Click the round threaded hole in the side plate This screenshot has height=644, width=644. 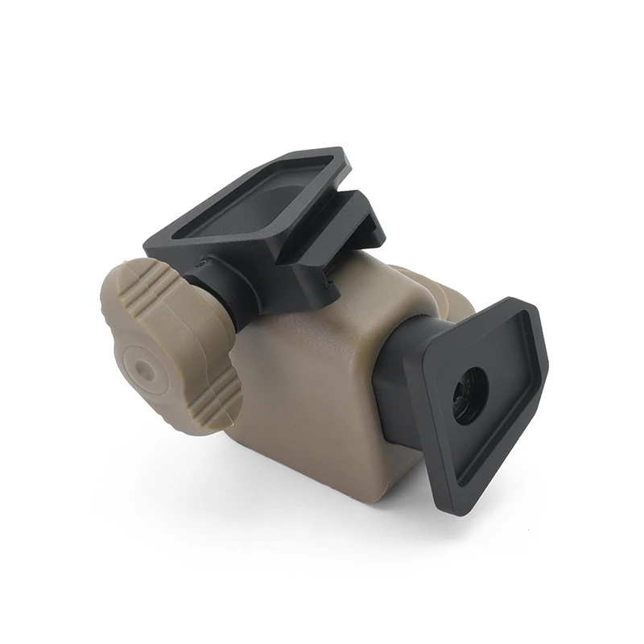click(x=470, y=394)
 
